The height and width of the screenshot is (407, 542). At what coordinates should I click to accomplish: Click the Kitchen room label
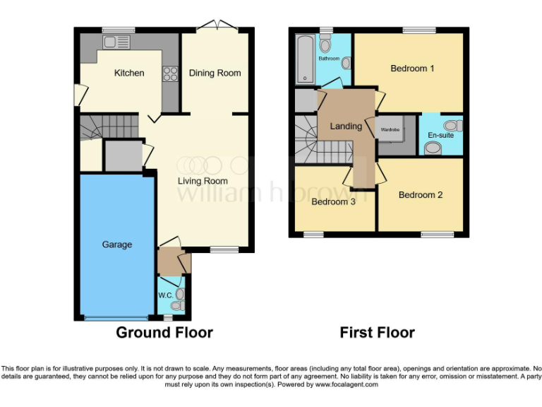129,73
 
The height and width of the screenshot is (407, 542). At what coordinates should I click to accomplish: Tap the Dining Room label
215,73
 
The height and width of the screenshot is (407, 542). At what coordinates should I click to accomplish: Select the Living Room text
202,181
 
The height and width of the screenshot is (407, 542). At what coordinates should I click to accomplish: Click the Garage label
117,244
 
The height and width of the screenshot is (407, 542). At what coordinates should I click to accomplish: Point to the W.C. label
165,295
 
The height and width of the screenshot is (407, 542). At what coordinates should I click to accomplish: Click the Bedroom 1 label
412,69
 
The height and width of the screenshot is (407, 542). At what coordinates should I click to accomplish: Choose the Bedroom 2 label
421,195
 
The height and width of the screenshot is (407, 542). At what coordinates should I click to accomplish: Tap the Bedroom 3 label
333,201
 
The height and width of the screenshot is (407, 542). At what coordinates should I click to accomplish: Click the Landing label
346,126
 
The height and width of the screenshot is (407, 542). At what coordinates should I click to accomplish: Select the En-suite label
441,135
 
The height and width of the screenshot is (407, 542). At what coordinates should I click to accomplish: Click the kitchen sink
116,42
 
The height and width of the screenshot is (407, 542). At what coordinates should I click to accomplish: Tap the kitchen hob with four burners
170,73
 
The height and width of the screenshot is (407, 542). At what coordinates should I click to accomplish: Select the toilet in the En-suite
433,148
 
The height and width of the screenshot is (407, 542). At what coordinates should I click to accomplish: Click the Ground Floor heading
164,332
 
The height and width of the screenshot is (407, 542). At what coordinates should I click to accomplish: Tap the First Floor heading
377,332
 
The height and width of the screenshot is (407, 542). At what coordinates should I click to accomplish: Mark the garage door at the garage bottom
116,318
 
